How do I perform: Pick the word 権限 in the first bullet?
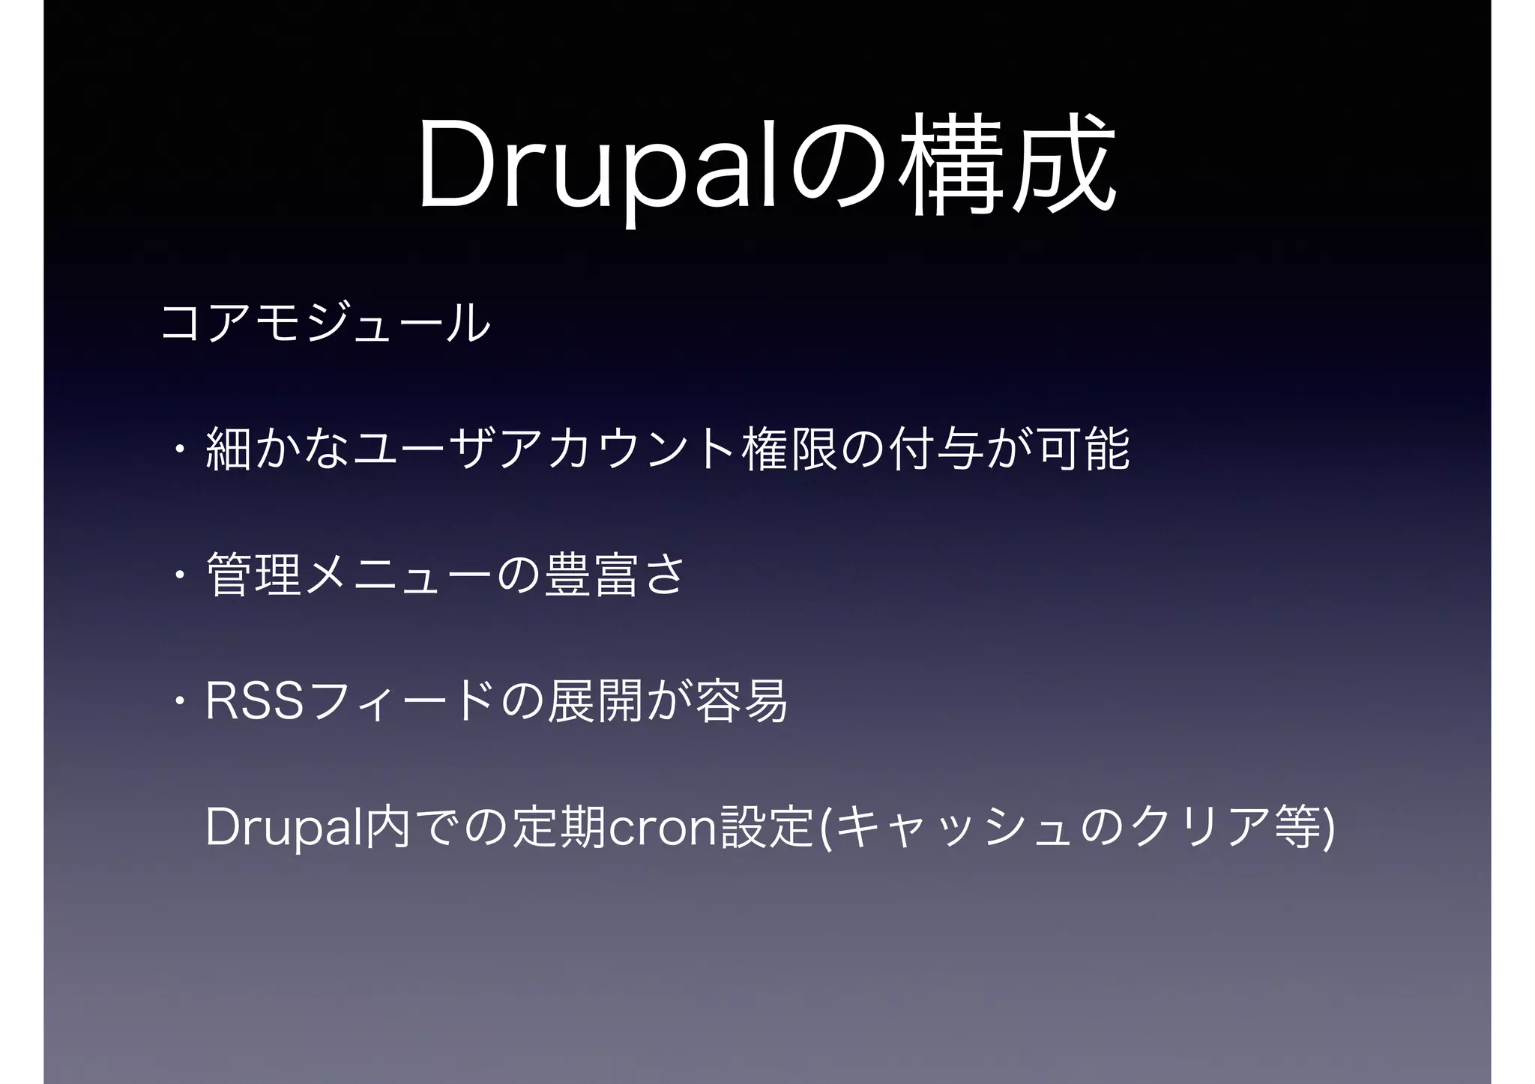coord(789,449)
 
